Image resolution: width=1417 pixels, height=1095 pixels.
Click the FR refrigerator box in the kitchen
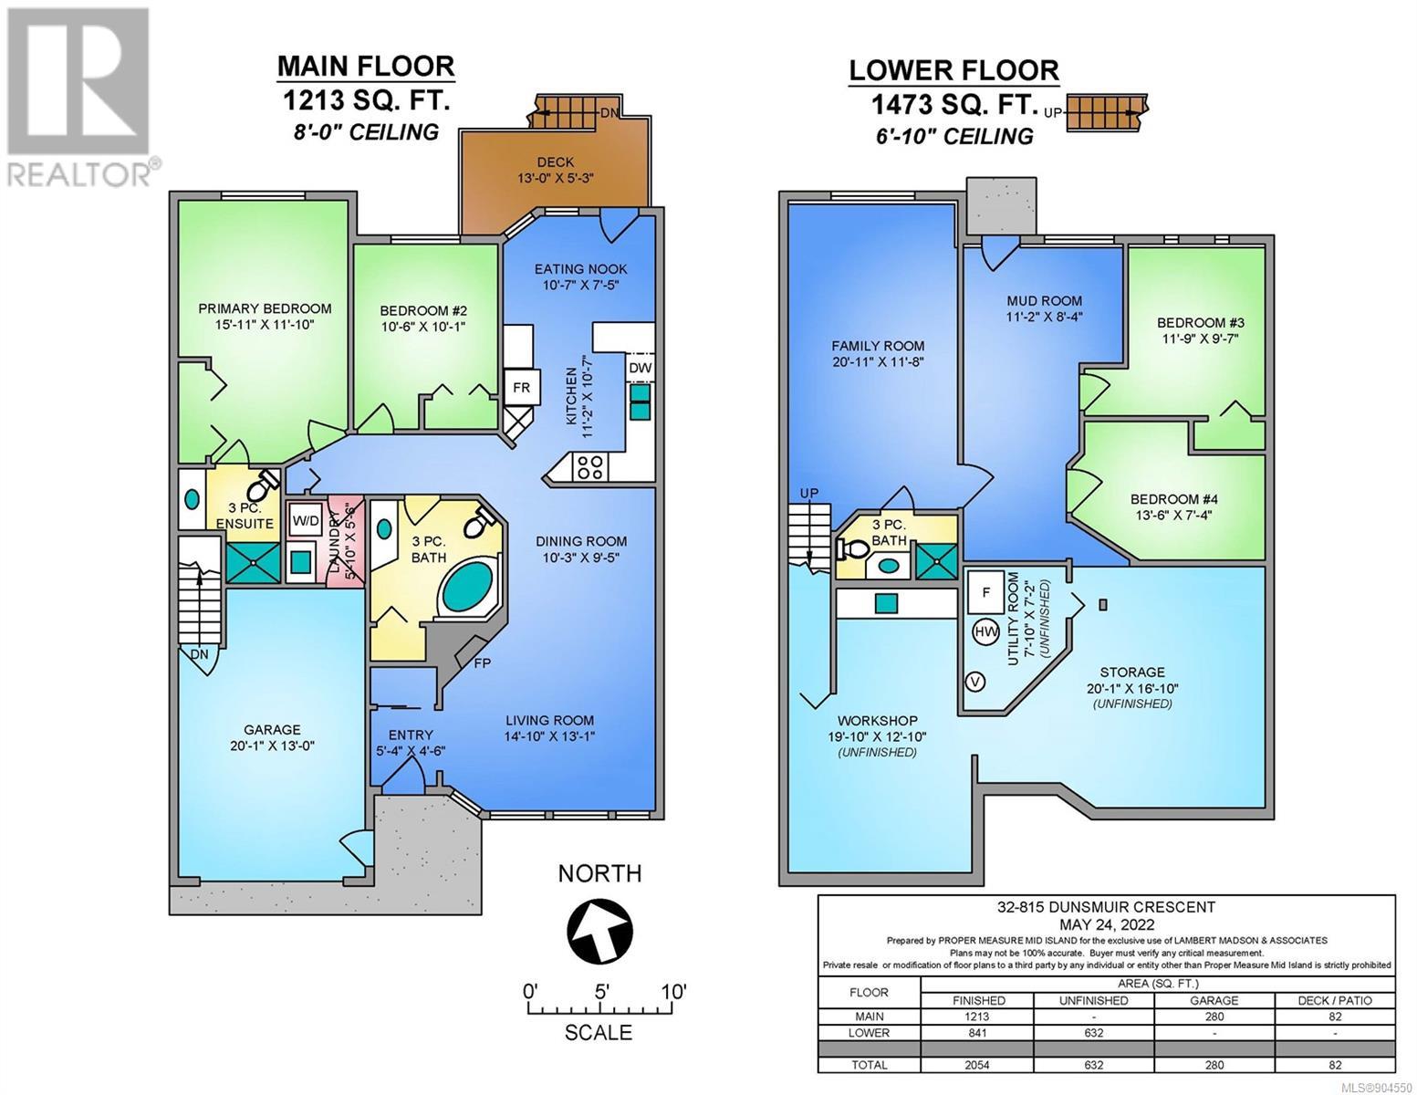pos(521,388)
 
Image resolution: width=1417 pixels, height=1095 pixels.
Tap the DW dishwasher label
pos(640,368)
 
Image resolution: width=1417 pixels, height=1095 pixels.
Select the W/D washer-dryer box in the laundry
pos(305,520)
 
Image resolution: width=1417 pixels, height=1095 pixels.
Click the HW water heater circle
pos(986,631)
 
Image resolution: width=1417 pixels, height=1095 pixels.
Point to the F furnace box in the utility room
pos(986,593)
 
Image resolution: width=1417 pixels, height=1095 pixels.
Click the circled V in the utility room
pos(975,683)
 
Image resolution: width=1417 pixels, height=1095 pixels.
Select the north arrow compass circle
pos(599,933)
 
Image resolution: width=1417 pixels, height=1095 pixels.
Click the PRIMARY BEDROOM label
pos(265,308)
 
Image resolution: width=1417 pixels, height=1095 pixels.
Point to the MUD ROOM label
pos(1044,300)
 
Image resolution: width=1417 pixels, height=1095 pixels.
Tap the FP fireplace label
pos(483,663)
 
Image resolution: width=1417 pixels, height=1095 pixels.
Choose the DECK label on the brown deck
pos(556,162)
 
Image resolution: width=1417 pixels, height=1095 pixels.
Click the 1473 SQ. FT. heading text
pos(954,104)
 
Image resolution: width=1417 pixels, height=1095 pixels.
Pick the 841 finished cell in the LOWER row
pos(977,1033)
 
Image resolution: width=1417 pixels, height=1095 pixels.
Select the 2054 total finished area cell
pos(977,1065)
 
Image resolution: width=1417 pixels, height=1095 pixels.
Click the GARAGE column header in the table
pos(1214,1000)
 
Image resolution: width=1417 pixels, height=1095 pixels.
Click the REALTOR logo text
pos(78,174)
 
